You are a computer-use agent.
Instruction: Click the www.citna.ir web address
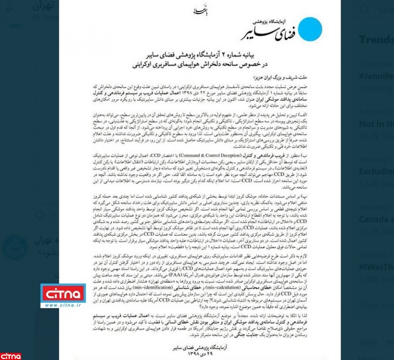pos(62,305)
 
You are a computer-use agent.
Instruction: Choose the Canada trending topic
pos(376,219)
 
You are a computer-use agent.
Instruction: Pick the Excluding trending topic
pos(376,171)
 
